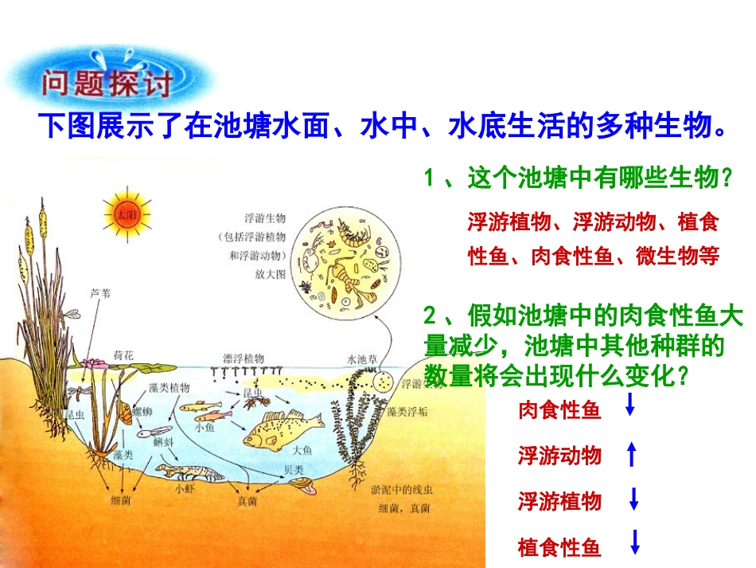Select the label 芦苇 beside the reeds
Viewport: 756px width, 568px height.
(102, 293)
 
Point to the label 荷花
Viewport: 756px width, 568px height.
(124, 353)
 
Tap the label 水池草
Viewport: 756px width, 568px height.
(362, 358)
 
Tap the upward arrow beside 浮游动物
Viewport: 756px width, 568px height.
(632, 454)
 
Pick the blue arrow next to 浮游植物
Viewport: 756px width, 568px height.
(634, 499)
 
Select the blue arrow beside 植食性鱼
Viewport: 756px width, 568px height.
(635, 543)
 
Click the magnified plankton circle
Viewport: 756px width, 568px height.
(346, 260)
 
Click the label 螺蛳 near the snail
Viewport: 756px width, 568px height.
(142, 411)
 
